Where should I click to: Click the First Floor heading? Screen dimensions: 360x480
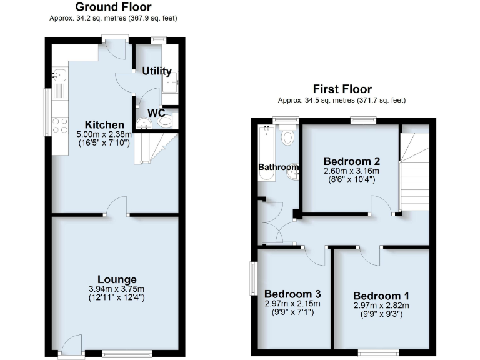click(x=342, y=89)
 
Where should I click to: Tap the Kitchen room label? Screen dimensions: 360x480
click(x=96, y=124)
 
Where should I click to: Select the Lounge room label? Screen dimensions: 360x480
click(x=117, y=279)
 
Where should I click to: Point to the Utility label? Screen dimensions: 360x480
click(x=157, y=71)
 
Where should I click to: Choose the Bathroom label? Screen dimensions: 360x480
click(x=279, y=167)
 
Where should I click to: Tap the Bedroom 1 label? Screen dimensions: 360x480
click(x=381, y=296)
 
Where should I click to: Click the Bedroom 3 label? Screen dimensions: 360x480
click(x=292, y=294)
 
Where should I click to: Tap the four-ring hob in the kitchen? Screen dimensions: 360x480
click(x=60, y=125)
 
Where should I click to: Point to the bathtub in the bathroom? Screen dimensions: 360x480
click(x=267, y=153)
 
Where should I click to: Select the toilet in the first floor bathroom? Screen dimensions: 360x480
click(x=288, y=136)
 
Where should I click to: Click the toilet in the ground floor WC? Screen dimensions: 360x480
click(x=166, y=122)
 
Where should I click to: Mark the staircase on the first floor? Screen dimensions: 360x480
click(x=414, y=172)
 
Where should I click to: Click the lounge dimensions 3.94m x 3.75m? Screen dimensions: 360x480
click(x=117, y=289)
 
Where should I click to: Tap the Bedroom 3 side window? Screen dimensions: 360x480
click(x=254, y=277)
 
